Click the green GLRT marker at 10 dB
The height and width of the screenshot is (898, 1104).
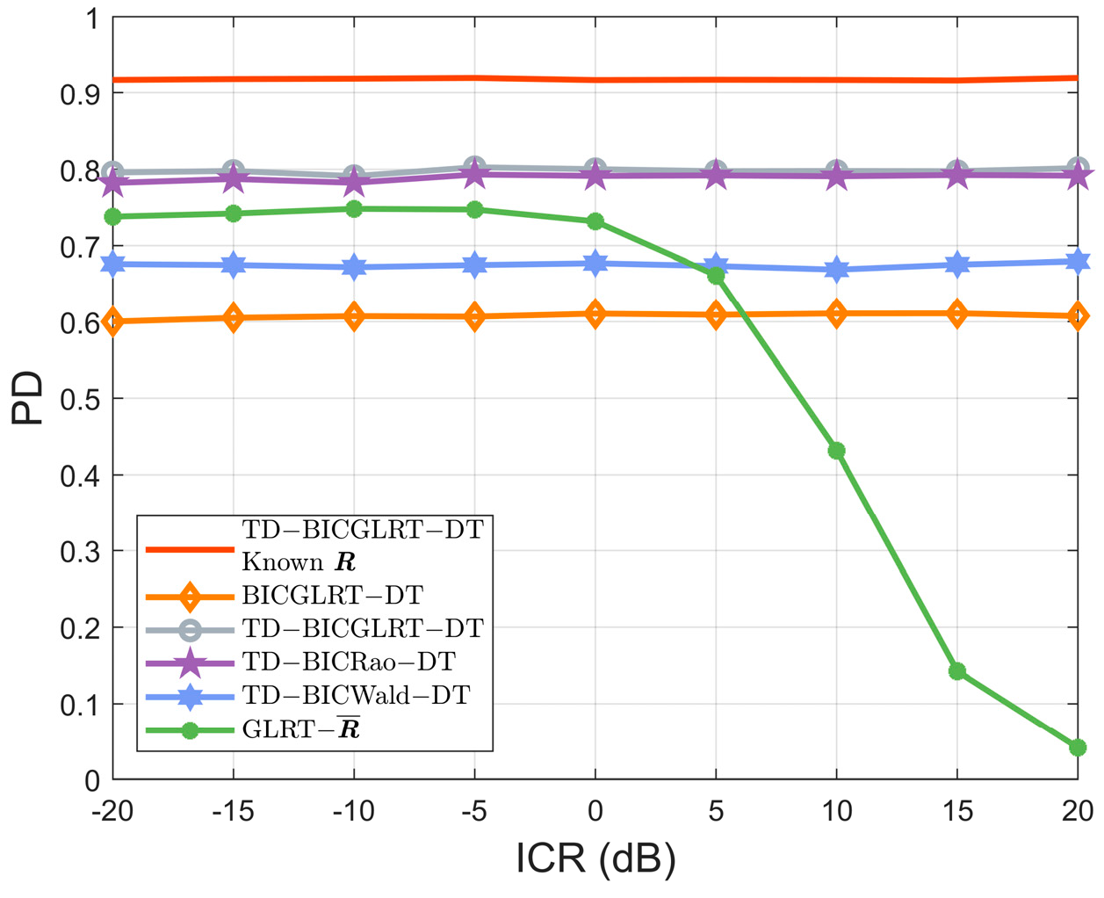tap(836, 451)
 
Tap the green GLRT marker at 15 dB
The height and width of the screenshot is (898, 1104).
tap(957, 671)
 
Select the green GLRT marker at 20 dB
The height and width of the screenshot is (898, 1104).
tap(1078, 748)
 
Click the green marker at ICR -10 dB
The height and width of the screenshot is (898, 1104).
tap(354, 209)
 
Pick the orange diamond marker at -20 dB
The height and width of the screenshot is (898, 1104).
tap(112, 322)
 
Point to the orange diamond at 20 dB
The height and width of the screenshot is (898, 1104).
tap(1078, 316)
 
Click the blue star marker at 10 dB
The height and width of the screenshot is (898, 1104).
tap(836, 270)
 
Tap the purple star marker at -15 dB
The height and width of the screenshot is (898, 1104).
tap(233, 179)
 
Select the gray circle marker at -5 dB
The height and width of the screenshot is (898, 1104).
tap(474, 167)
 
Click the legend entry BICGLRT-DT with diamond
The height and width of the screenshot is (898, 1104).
tap(332, 596)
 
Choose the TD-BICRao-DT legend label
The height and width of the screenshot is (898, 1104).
tap(349, 662)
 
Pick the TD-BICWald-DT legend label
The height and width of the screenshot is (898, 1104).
tap(356, 695)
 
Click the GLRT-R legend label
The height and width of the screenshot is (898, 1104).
tap(300, 729)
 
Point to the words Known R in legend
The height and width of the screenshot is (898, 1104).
tap(299, 562)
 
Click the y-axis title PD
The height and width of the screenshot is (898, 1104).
tap(28, 398)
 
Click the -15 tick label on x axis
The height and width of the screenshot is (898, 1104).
tap(233, 811)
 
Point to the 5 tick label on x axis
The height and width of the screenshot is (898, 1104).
tap(716, 811)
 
